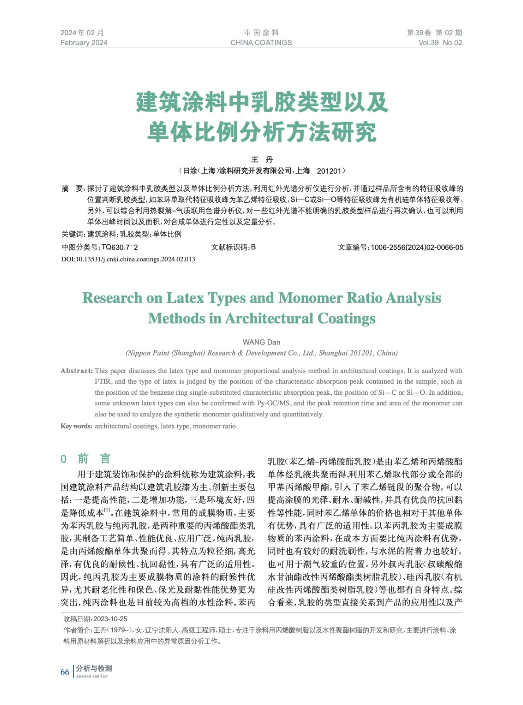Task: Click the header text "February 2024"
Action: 84,43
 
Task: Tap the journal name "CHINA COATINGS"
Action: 261,43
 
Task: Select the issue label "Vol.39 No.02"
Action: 440,43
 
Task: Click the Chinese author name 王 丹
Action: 262,160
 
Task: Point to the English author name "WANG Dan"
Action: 261,342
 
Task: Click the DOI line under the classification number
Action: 128,259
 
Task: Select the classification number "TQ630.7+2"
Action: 119,248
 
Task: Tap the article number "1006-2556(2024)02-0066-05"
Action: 417,248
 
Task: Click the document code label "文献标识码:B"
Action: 233,248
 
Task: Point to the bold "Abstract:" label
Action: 77,371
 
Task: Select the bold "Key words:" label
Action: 77,426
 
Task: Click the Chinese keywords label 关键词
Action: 73,234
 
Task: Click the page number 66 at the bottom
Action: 65,672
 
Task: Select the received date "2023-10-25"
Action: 110,619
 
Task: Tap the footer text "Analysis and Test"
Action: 92,676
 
